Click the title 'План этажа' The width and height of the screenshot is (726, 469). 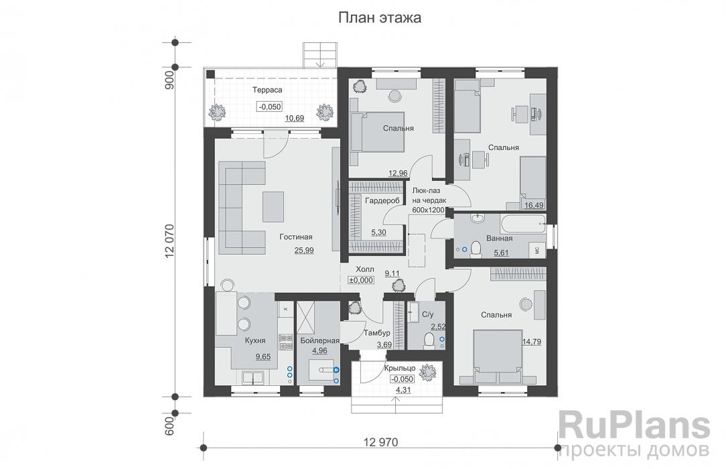pos(379,18)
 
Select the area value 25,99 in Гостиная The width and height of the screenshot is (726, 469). pos(303,250)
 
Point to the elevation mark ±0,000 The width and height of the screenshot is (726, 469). pos(362,280)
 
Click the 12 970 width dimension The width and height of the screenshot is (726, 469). pos(381,442)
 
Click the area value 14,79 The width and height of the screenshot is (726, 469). pos(533,342)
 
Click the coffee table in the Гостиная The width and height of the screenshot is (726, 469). pos(272,206)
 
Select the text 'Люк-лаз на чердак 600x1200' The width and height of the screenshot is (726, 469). pos(428,200)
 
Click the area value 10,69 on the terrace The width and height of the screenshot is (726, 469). pos(295,119)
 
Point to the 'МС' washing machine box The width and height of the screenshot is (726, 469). pos(537,249)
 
